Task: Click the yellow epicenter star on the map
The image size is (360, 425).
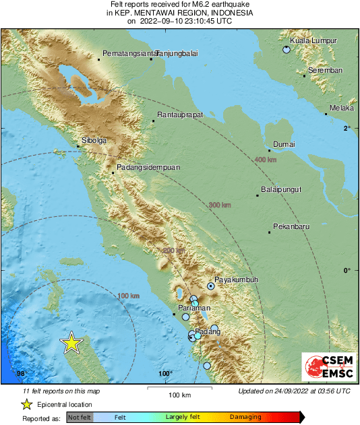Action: point(71,343)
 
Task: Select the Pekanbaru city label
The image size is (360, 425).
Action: point(291,226)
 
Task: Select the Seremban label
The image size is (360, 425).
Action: point(325,71)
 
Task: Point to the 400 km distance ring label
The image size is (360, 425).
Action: point(266,160)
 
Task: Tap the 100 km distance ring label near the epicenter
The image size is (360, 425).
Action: point(128,296)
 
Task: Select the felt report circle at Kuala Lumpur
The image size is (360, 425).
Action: point(287,50)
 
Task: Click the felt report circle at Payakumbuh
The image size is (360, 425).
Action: point(211,286)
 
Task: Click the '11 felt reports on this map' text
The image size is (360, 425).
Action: point(61,391)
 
